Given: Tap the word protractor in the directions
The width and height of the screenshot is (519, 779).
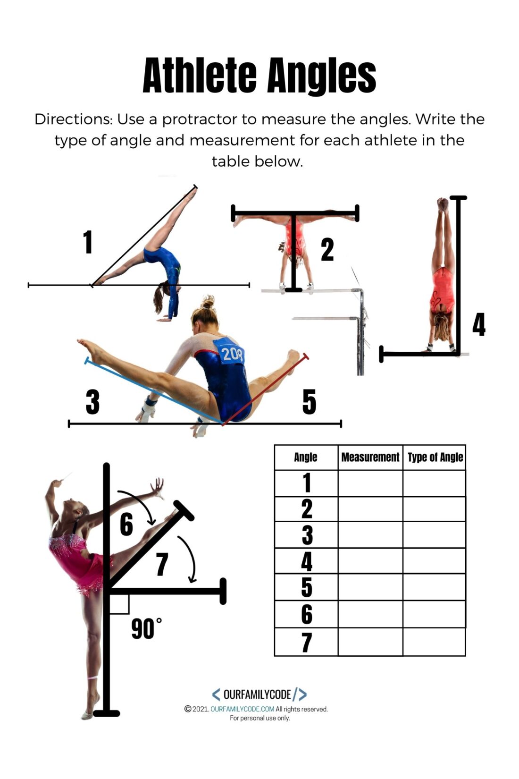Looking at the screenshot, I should [x=200, y=119].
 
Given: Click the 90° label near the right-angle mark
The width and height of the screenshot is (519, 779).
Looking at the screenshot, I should [x=146, y=629].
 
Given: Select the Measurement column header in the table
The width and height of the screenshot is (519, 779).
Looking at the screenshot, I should [x=370, y=457].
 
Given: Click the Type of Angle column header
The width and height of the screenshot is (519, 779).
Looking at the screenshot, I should [x=435, y=457].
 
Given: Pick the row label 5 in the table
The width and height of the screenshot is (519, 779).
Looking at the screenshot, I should [x=307, y=587].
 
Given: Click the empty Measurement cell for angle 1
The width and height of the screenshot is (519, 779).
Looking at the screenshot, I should [x=370, y=483].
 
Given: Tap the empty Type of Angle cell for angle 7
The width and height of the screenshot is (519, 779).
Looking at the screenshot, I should [x=434, y=642].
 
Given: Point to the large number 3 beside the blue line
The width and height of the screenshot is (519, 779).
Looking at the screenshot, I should [x=92, y=402].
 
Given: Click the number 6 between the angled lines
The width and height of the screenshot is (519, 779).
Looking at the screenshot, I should [x=126, y=524].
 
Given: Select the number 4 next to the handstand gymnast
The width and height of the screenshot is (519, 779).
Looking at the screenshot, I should [x=479, y=324].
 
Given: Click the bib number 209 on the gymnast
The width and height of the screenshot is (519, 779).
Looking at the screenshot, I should [x=232, y=354].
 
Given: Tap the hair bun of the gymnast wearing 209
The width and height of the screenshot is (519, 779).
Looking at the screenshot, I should [x=207, y=302].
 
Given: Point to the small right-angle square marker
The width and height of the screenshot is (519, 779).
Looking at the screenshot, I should [x=119, y=604].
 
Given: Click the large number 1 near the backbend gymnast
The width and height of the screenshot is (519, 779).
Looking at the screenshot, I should [x=88, y=242].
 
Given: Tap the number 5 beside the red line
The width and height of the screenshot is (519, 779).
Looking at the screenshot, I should [x=309, y=402].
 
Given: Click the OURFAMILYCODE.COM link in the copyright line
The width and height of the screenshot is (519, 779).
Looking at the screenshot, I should [x=242, y=709].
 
